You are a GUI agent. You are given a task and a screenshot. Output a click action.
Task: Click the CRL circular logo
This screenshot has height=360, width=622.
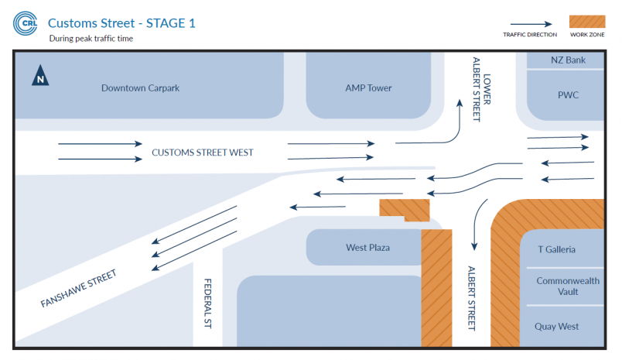[25, 23]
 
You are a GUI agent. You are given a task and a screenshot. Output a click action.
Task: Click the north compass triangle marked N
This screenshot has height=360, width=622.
[40, 75]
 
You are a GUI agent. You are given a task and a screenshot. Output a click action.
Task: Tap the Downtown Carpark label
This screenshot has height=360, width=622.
[140, 87]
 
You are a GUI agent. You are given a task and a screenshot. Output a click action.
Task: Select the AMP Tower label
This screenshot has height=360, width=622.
[368, 87]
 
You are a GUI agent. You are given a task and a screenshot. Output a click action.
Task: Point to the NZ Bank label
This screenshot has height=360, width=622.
[568, 60]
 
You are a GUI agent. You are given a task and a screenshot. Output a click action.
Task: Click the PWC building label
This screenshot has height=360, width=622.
[568, 95]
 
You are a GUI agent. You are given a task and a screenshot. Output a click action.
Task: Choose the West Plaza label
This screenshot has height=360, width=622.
[367, 248]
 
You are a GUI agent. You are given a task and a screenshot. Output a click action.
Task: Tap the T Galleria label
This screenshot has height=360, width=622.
[556, 249]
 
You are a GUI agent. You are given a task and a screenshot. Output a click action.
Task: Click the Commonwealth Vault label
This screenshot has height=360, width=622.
[568, 286]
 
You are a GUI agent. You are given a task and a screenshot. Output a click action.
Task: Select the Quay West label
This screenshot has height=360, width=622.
[556, 326]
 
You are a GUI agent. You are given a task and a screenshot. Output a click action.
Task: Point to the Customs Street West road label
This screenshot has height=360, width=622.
[203, 153]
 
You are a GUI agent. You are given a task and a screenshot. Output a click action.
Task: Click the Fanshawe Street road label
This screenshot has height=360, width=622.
[79, 288]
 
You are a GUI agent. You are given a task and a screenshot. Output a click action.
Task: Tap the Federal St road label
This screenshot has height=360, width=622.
[207, 303]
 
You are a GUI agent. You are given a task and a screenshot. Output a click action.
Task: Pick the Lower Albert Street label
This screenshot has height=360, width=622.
[481, 89]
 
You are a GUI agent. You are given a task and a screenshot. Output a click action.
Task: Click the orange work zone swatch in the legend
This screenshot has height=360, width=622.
[587, 22]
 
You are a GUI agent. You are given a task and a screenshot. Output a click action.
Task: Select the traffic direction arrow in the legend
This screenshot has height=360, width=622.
[531, 24]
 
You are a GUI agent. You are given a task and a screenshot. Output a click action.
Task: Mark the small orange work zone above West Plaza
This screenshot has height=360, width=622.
[404, 210]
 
